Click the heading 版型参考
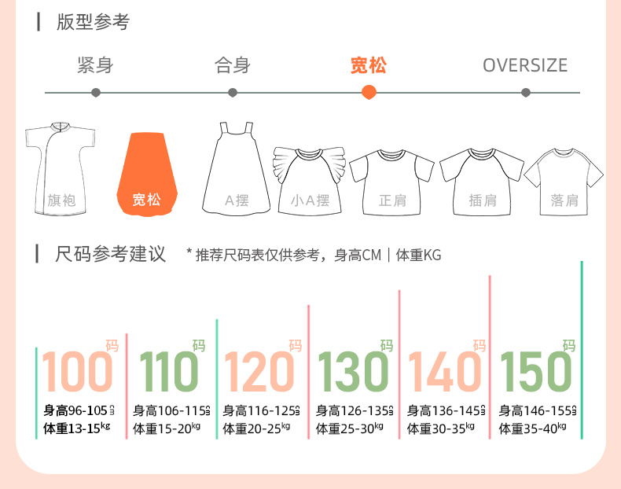(93, 22)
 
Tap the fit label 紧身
(95, 65)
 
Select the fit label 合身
(232, 65)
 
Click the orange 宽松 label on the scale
(369, 65)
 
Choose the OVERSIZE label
(525, 65)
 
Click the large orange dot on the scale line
(369, 92)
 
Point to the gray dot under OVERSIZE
(526, 92)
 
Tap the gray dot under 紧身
(96, 92)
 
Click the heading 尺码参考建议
(111, 254)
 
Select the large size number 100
(78, 371)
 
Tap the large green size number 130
(353, 371)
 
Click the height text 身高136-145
(441, 410)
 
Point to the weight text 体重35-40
(533, 428)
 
